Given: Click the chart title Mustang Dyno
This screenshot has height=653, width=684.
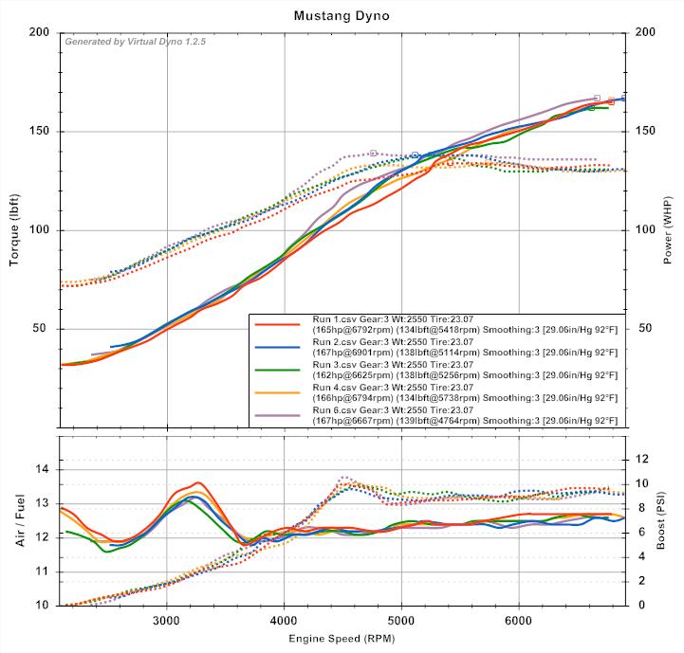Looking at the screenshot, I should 342,16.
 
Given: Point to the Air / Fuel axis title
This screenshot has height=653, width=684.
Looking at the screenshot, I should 16,521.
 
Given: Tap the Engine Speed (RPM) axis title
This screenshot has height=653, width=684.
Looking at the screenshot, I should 342,640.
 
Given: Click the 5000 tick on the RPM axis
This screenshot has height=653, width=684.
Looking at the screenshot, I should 401,621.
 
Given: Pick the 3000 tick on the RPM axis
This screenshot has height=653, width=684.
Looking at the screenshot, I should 167,621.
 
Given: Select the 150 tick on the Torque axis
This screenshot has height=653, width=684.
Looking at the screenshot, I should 40,132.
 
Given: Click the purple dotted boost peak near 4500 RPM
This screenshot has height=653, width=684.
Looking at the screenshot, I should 344,477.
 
